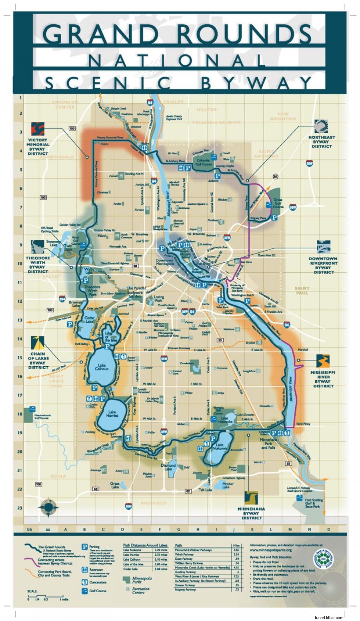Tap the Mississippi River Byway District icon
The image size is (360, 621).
[322, 360]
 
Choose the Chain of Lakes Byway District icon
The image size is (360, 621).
[37, 343]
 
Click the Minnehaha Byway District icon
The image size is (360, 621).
[252, 498]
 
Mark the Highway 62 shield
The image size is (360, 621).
[95, 489]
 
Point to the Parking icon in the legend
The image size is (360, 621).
[84, 546]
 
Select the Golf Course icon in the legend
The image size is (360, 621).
[84, 591]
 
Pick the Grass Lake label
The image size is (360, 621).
[115, 485]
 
